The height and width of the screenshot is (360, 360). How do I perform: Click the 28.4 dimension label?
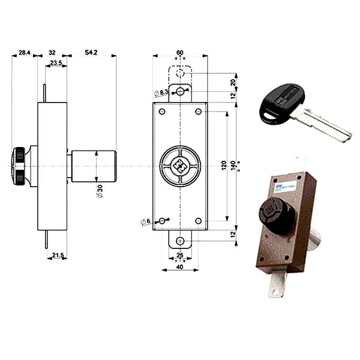(24, 53)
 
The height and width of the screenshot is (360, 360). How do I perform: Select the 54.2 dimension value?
(91, 53)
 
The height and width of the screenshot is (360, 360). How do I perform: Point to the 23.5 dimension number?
(56, 62)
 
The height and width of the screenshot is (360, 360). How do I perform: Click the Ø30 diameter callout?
(100, 190)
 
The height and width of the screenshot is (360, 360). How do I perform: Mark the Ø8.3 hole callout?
(161, 93)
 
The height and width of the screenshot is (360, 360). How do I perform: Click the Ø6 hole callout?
(146, 222)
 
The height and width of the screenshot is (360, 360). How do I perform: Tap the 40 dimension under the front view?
(179, 267)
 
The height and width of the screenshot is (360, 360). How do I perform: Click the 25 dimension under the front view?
(179, 256)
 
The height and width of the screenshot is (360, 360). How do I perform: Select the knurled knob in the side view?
(19, 166)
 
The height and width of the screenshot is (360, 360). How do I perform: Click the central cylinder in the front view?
(180, 165)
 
